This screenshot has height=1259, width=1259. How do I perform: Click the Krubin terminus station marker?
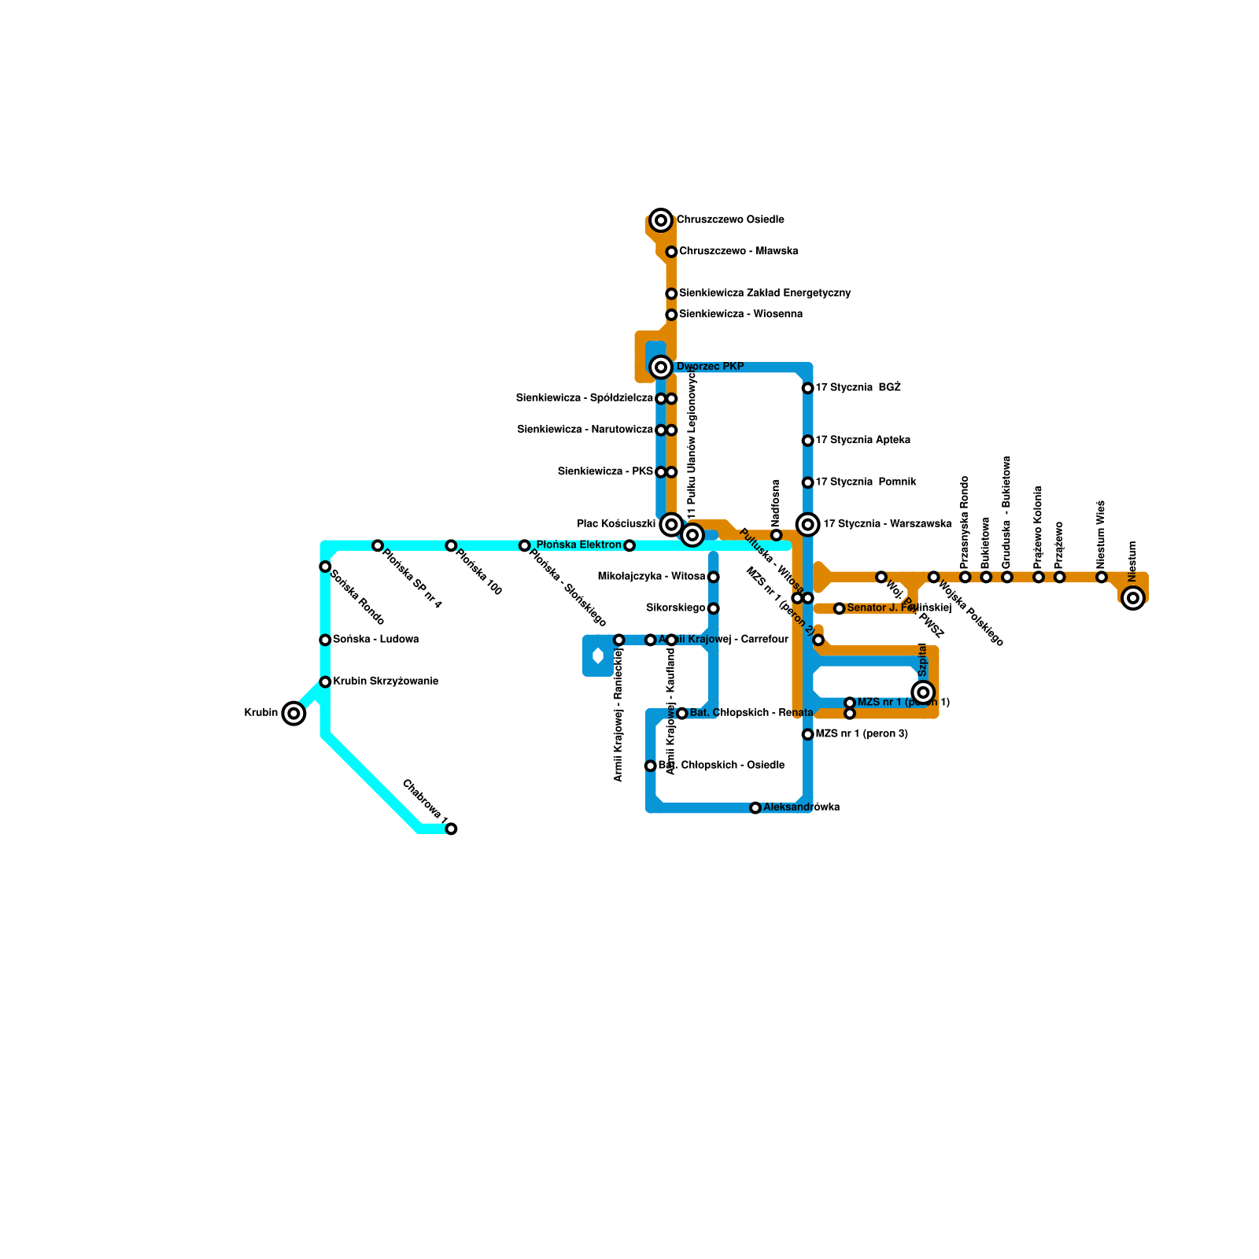(x=294, y=714)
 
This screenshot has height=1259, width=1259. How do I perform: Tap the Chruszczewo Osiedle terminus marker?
(x=661, y=220)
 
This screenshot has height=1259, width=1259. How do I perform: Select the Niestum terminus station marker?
(x=1133, y=598)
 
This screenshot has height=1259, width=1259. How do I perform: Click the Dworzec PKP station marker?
(x=661, y=367)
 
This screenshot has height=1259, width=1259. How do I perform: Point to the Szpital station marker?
(x=924, y=692)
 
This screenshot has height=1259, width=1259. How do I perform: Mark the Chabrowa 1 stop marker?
(x=451, y=829)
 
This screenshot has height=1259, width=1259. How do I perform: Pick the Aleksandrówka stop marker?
(x=755, y=808)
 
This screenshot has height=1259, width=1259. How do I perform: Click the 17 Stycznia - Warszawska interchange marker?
(x=807, y=524)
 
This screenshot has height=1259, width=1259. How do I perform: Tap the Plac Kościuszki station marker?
(x=671, y=524)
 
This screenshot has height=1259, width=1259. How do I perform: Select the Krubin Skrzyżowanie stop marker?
(x=325, y=681)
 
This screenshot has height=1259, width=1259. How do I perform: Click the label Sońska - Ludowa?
(x=375, y=639)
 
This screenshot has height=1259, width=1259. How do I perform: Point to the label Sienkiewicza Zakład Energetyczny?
(x=765, y=294)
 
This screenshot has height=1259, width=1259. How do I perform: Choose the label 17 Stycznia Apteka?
(x=862, y=440)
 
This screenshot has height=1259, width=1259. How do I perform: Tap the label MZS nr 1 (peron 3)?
(x=862, y=734)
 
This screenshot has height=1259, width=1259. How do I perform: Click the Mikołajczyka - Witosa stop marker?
(x=713, y=577)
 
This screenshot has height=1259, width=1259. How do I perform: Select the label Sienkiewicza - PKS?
(x=605, y=471)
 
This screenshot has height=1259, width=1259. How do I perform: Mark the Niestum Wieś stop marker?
(x=1102, y=578)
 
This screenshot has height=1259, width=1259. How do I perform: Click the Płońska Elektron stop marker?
(x=629, y=545)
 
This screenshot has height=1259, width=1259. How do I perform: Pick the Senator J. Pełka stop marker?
(x=840, y=608)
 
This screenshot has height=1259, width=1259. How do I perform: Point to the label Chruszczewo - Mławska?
(x=739, y=251)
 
